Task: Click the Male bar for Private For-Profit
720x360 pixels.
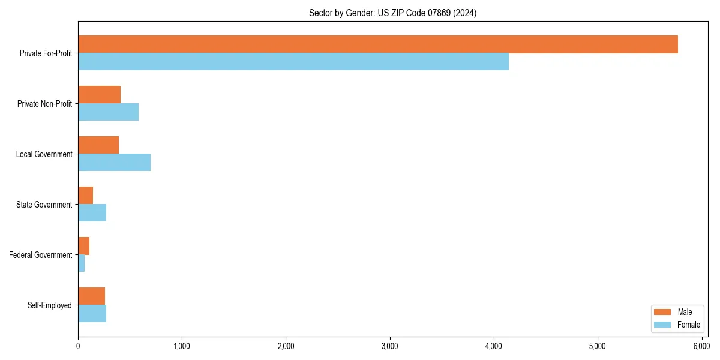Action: click(378, 44)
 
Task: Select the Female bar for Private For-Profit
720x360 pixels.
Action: click(293, 62)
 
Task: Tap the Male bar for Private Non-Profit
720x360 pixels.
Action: click(100, 95)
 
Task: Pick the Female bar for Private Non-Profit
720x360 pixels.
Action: click(109, 112)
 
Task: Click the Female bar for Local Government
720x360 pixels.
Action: click(115, 163)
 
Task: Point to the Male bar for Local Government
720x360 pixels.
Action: click(98, 145)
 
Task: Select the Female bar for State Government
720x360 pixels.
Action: click(92, 213)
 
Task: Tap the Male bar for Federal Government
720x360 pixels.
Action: click(84, 246)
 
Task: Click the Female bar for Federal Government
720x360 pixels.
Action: click(82, 263)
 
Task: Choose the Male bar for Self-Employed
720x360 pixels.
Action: click(92, 296)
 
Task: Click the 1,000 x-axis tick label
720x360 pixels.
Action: click(182, 346)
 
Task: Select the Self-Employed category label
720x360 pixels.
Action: click(50, 305)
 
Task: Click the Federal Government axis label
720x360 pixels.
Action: click(41, 255)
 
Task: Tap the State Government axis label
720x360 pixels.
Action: click(44, 205)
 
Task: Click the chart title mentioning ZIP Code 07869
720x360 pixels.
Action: click(393, 13)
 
